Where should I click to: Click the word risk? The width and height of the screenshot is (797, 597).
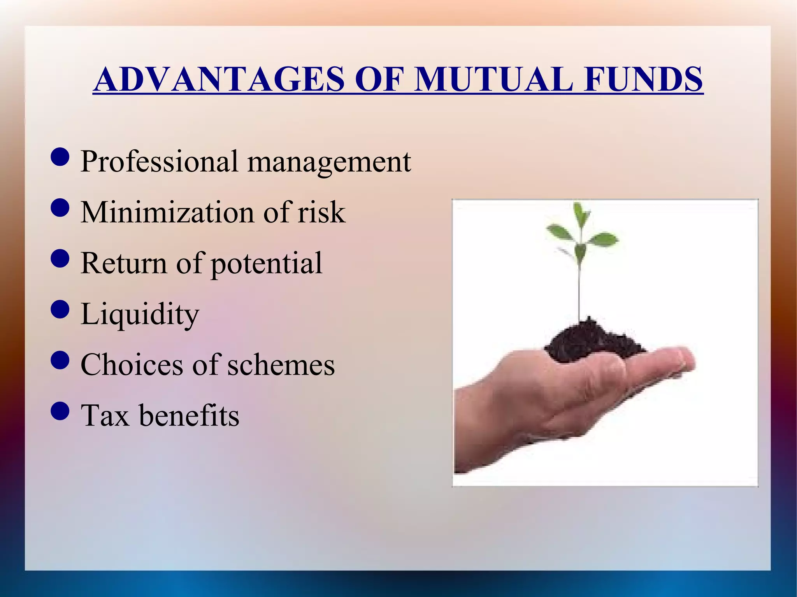(x=321, y=212)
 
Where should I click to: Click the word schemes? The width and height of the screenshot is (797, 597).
(x=281, y=364)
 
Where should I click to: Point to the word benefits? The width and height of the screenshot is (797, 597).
(x=189, y=415)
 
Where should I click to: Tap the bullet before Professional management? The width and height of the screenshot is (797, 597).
(x=60, y=157)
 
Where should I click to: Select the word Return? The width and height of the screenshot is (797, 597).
(x=124, y=263)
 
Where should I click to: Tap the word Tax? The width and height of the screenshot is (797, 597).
(x=105, y=415)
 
